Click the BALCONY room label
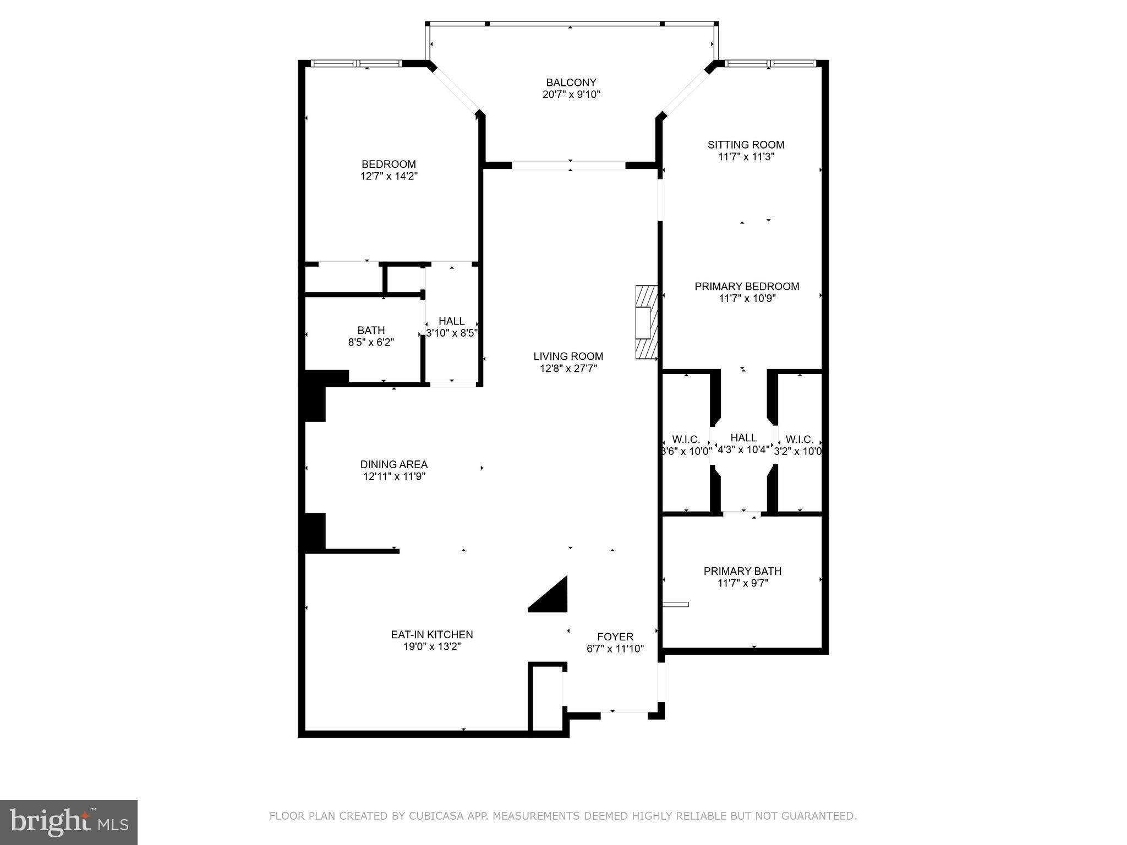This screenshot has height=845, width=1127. click(571, 83)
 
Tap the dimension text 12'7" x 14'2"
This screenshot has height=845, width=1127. click(389, 176)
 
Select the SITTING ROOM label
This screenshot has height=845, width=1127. click(746, 145)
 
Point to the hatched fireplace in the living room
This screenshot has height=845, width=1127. click(647, 322)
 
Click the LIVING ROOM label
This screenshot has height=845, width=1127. click(568, 356)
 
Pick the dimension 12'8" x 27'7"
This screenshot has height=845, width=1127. click(568, 369)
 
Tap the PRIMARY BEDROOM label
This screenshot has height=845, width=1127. click(746, 286)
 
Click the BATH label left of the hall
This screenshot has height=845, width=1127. click(371, 330)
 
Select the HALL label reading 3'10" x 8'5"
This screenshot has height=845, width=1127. click(451, 321)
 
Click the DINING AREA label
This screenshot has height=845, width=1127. click(393, 464)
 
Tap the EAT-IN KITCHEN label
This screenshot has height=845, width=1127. click(431, 634)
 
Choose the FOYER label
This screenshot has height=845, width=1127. click(615, 637)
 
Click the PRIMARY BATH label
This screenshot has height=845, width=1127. click(742, 571)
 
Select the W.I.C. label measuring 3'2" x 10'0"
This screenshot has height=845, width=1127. click(799, 440)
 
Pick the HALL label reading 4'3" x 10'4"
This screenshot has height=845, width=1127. click(743, 437)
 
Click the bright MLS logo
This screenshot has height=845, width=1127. click(69, 822)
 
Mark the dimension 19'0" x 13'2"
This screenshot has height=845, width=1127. click(431, 646)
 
